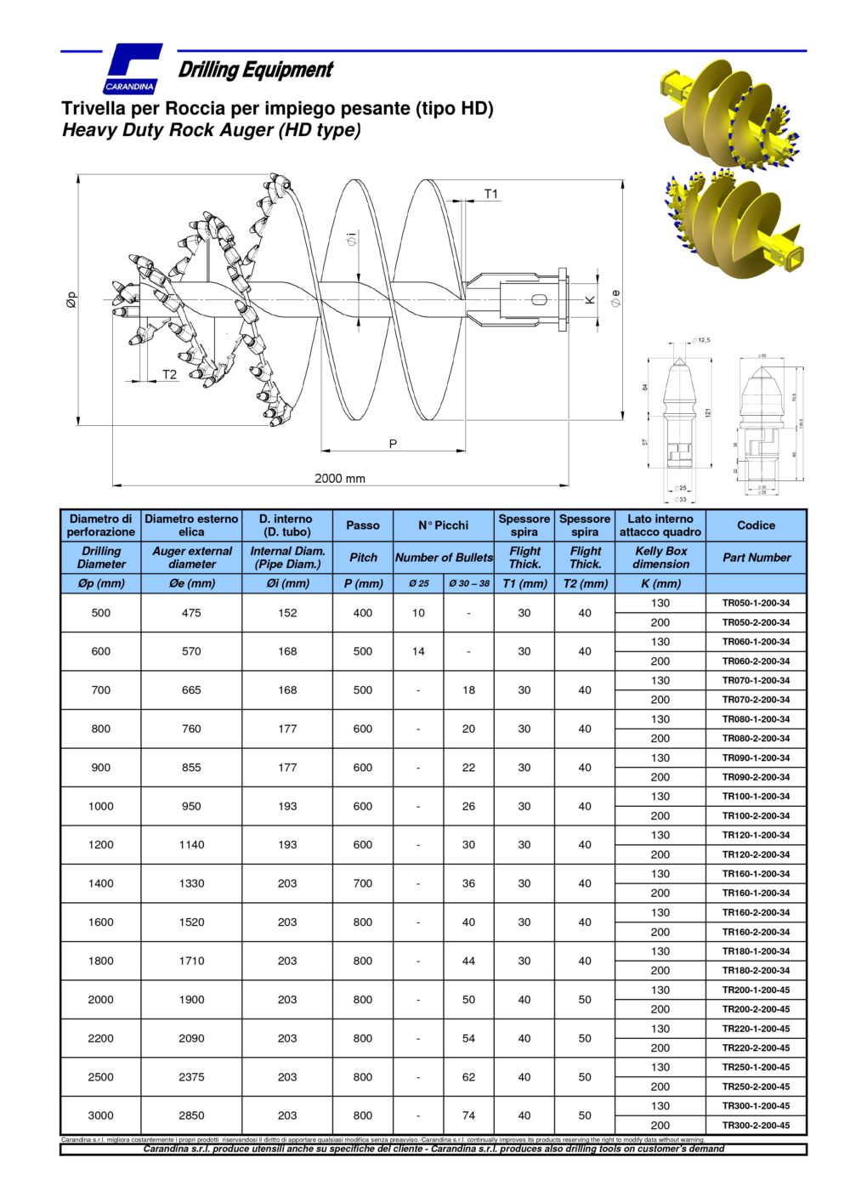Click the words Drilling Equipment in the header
255,70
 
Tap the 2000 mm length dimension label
340,478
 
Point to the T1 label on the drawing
490,194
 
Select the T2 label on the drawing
169,374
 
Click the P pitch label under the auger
393,444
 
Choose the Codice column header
756,525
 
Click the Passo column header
363,525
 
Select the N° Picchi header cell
443,525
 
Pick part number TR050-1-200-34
756,603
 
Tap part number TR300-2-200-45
756,1125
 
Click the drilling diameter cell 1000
100,806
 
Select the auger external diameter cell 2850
191,1115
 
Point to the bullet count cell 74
468,1115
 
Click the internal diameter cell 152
287,612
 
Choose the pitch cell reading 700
363,883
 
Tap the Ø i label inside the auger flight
351,241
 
